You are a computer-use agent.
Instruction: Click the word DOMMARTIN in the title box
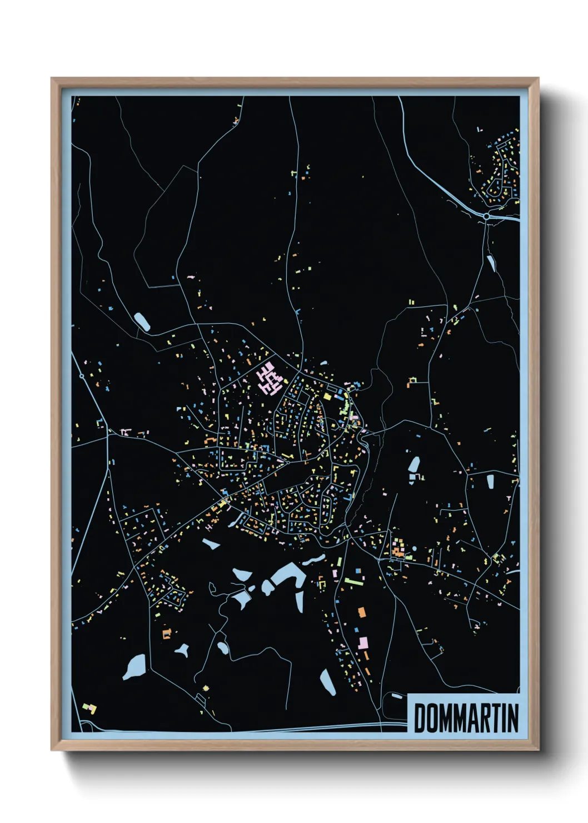click(x=466, y=718)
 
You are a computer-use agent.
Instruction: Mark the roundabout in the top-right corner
click(x=486, y=216)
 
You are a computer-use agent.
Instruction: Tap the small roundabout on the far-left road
click(x=82, y=376)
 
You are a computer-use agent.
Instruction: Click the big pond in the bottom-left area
click(x=134, y=666)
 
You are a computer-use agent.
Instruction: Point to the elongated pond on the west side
click(x=142, y=321)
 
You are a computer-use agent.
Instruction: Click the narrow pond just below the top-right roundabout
click(x=491, y=262)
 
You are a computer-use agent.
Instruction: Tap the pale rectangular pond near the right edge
click(x=490, y=481)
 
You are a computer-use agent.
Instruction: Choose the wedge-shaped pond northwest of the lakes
click(x=211, y=543)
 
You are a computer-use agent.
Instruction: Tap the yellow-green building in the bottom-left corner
click(x=89, y=707)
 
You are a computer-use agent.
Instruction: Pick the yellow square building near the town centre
click(x=328, y=396)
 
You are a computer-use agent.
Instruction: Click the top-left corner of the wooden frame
click(x=52, y=79)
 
